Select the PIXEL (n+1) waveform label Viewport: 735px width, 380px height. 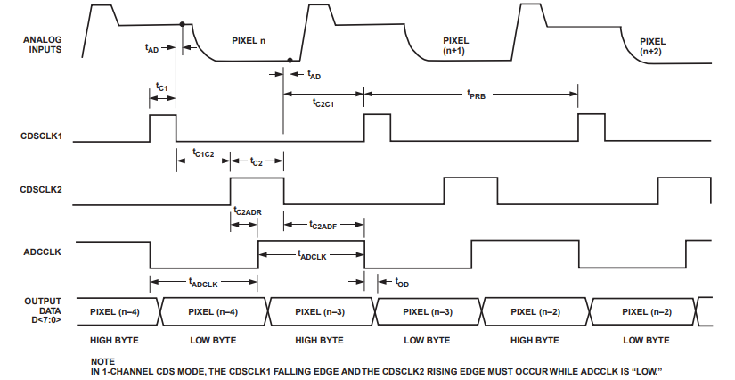[x=456, y=46]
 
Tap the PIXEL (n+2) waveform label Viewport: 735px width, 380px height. [x=653, y=46]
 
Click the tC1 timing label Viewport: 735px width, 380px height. [x=162, y=87]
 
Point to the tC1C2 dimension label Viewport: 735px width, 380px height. [x=203, y=153]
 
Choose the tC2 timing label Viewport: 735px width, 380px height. [x=257, y=162]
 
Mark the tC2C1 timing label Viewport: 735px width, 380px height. [x=323, y=103]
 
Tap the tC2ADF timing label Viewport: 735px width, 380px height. [x=322, y=226]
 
